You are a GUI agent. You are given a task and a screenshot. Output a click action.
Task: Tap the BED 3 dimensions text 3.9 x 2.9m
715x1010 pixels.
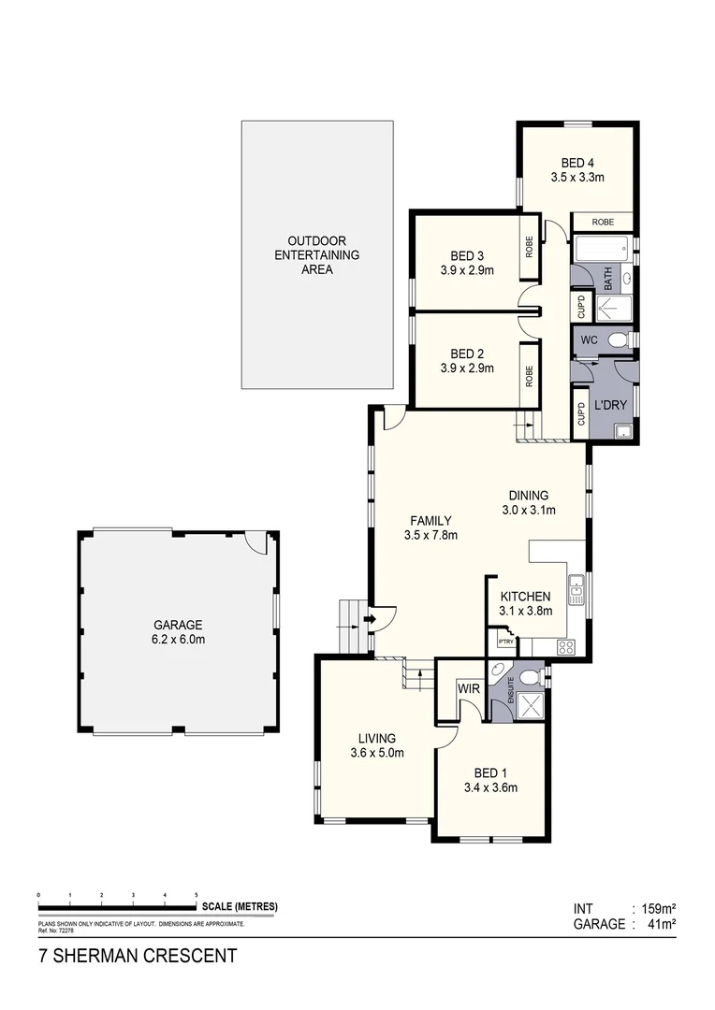coord(467,271)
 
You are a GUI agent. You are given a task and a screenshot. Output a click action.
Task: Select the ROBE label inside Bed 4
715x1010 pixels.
coord(603,223)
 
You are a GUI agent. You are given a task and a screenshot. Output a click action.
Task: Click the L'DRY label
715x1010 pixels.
coord(609,406)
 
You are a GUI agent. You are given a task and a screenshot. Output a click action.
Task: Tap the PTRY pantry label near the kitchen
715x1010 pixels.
coord(506,642)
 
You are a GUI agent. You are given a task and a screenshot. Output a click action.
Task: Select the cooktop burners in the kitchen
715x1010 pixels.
coord(566,645)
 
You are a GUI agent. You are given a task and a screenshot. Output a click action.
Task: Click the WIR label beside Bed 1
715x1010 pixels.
coord(469,689)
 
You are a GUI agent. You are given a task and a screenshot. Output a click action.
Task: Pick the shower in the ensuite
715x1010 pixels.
coord(533,706)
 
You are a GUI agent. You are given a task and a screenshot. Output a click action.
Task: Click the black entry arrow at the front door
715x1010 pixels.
coord(371,618)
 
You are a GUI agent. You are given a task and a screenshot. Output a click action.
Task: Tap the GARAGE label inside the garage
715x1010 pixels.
coord(178,626)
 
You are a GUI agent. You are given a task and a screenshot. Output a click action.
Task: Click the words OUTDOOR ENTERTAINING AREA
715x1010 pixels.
coord(316,255)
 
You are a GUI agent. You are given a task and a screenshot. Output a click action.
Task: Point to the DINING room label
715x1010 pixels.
coord(529,496)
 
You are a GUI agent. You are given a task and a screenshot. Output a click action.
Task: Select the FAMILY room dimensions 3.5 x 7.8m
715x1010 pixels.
coord(430,536)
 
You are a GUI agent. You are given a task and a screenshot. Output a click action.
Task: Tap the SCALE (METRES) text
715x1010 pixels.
coord(239,907)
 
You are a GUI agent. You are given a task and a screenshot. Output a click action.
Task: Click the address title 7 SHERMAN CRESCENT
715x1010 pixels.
coord(137,956)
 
